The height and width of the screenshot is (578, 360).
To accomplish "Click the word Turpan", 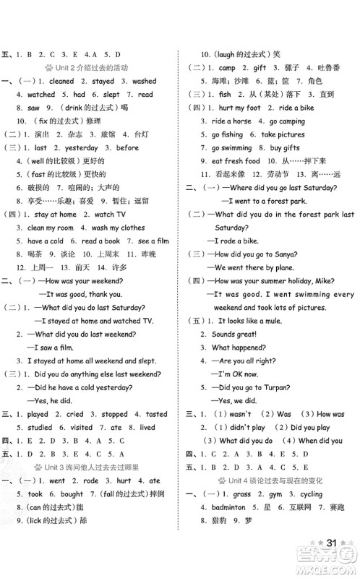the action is tap(299, 387).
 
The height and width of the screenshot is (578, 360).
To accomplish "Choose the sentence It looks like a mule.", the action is tap(249, 321).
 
